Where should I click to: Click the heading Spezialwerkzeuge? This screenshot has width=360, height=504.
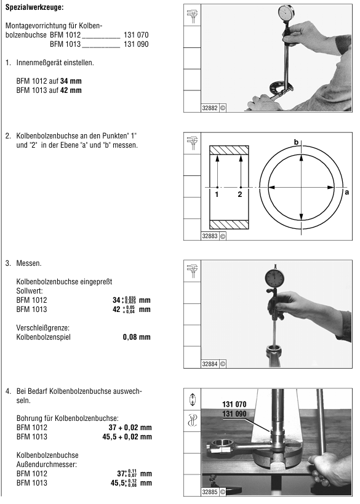34,7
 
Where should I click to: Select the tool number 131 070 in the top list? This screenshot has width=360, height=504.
136,34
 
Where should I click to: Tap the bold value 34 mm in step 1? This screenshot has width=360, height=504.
71,81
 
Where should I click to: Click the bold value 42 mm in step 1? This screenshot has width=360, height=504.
71,90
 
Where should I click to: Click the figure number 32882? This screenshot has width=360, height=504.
210,108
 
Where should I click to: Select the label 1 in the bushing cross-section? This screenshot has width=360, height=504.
217,194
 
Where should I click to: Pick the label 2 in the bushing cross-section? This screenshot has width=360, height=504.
240,194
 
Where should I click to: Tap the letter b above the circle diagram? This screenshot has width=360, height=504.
297,142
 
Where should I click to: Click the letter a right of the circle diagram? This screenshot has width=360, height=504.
347,192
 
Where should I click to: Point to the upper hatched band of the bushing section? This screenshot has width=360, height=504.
229,150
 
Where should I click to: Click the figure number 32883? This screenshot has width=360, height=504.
210,236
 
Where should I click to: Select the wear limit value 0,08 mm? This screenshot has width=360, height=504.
137,337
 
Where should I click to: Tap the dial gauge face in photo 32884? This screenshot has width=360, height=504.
276,277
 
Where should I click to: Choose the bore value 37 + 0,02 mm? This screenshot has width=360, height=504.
130,428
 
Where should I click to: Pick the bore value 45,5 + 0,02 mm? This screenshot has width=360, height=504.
127,437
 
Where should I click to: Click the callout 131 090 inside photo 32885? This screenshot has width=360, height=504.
234,414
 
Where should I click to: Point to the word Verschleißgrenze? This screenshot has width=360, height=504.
42,328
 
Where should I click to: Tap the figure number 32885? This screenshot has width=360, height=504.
210,492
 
